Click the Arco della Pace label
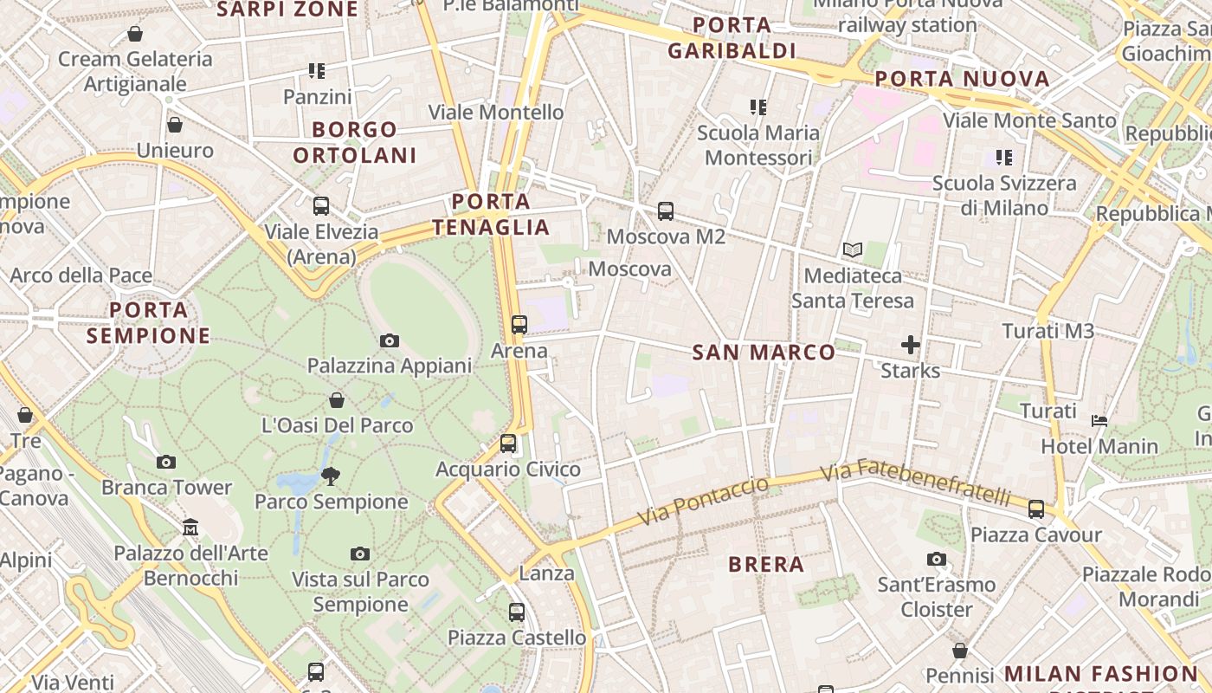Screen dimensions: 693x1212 [81, 275]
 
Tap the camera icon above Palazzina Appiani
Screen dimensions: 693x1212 [390, 340]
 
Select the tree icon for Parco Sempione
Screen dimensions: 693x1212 [331, 475]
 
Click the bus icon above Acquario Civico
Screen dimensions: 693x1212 [508, 444]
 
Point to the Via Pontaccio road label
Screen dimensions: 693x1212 [703, 501]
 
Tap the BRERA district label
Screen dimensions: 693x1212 [766, 565]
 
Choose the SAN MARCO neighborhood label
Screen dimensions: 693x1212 [764, 353]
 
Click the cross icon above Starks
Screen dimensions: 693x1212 [910, 345]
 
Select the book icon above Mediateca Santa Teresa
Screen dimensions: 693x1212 [853, 249]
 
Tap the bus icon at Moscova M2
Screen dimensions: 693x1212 [665, 210]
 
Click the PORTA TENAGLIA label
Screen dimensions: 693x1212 [491, 215]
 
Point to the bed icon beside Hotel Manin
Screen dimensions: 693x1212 [1099, 421]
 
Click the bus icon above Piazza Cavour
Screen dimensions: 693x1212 [1036, 508]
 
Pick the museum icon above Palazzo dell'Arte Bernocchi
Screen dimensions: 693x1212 [190, 527]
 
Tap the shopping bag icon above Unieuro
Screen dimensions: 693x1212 [174, 125]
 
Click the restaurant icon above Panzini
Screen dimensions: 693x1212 [317, 71]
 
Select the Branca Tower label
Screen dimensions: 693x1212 [167, 488]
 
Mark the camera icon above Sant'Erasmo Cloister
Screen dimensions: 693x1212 [937, 559]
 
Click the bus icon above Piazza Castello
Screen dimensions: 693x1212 [517, 612]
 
